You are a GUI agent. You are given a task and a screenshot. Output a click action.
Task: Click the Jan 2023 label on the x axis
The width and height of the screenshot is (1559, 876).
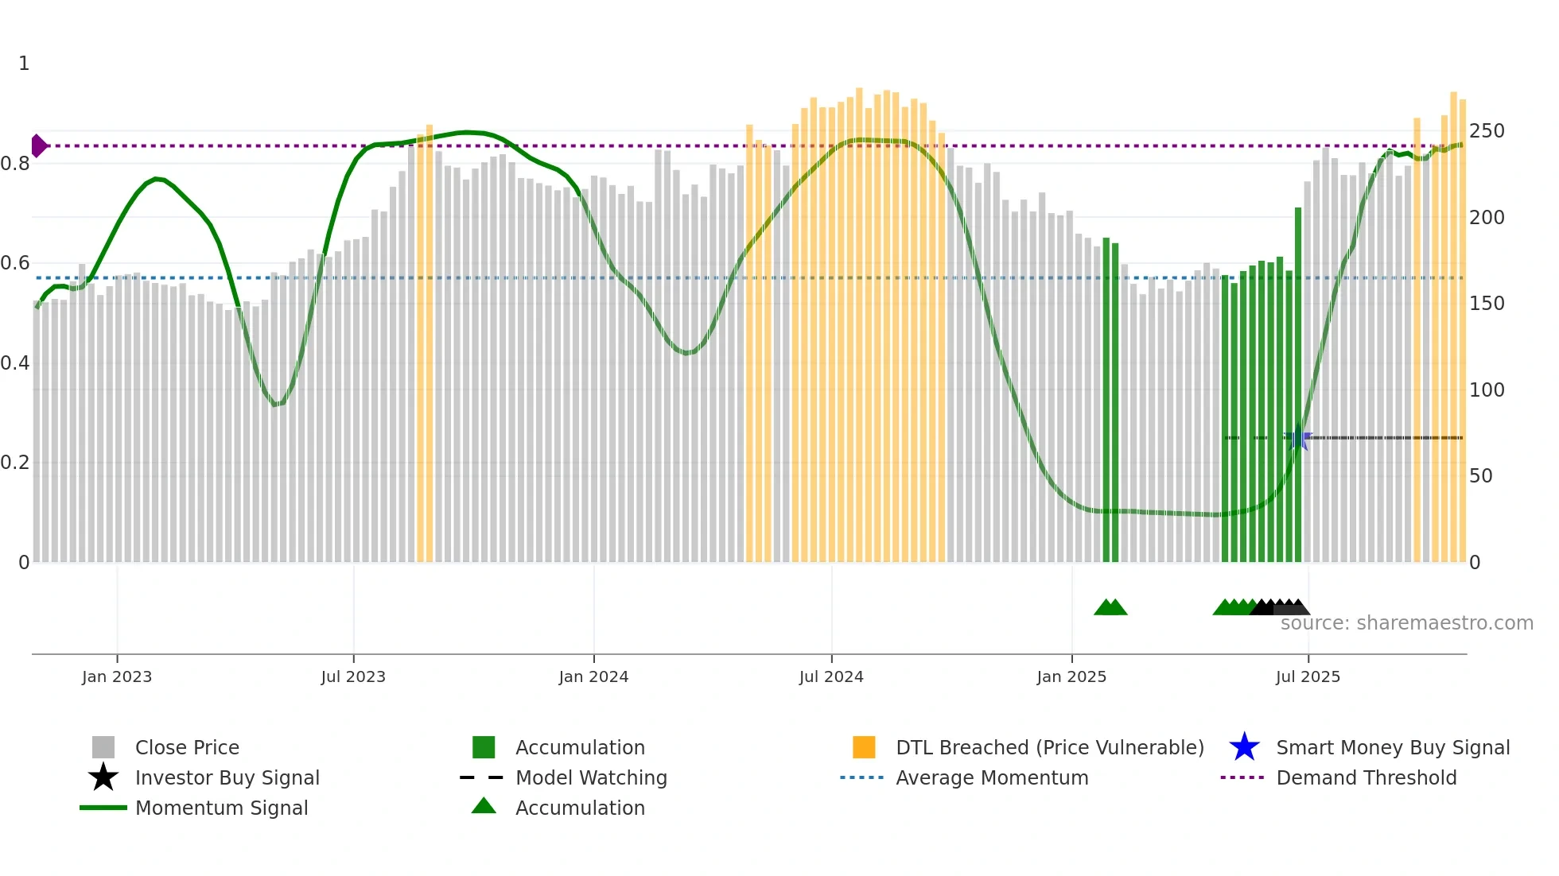click(116, 676)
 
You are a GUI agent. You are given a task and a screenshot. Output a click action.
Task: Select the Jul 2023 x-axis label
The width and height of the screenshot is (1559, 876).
click(353, 676)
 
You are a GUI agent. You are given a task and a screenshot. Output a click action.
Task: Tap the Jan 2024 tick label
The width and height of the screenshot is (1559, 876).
click(593, 676)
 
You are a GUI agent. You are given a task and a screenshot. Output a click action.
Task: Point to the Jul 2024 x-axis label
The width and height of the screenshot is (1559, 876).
click(831, 676)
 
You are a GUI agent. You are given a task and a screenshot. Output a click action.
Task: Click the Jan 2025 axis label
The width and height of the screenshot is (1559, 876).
click(1071, 676)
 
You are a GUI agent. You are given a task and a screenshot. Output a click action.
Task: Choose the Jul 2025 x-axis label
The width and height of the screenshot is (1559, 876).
click(1308, 676)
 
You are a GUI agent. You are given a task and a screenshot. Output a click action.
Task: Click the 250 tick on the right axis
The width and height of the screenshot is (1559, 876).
click(1487, 131)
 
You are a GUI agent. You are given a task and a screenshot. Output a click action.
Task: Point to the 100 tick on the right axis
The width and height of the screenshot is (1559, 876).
click(1487, 390)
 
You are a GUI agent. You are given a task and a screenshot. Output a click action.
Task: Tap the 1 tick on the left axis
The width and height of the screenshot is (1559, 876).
click(24, 64)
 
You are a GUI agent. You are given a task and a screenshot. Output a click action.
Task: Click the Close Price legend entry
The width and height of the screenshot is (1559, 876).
click(187, 748)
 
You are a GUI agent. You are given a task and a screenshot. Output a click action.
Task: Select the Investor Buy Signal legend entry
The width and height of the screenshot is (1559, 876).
click(227, 778)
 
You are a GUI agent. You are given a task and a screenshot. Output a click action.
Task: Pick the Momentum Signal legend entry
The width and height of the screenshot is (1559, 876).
click(221, 808)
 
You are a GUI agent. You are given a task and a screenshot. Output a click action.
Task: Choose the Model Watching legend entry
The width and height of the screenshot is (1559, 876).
click(591, 778)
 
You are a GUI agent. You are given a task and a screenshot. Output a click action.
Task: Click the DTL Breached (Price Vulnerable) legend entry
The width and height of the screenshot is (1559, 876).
click(1049, 748)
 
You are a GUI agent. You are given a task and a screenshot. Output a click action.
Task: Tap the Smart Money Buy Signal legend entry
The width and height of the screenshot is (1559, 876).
click(1393, 748)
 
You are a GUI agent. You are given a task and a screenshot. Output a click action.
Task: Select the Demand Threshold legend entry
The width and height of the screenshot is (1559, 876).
click(1366, 778)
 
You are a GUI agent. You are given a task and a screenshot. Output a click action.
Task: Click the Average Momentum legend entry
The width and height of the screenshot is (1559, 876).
click(992, 778)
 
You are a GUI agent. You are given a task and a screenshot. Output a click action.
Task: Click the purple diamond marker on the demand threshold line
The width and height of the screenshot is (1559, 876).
click(38, 146)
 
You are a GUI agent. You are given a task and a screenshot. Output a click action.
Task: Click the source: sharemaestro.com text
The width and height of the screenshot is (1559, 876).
click(1406, 623)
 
